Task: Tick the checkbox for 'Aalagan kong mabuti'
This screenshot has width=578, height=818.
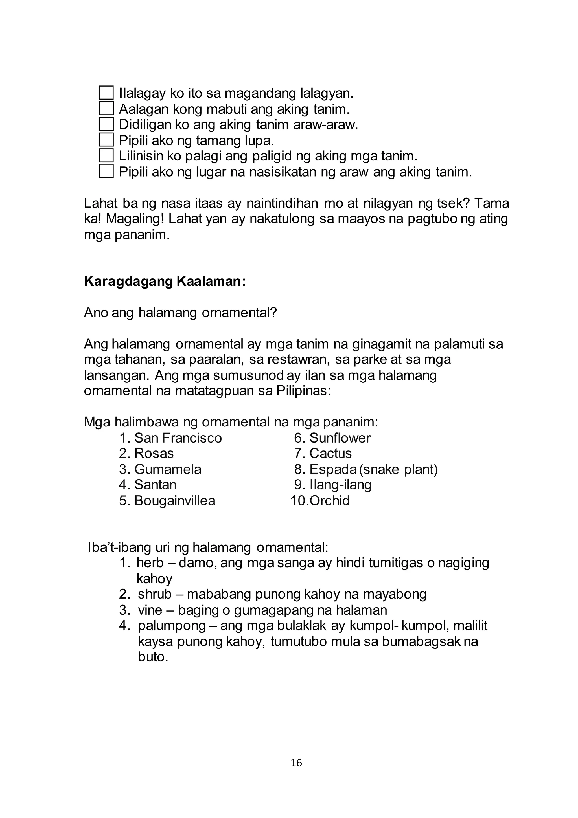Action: click(x=106, y=108)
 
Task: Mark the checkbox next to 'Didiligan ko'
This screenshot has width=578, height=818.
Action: click(x=106, y=124)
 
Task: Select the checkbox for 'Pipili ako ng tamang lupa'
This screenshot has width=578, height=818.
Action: click(x=106, y=140)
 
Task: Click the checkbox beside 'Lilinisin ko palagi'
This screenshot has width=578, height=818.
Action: click(x=106, y=155)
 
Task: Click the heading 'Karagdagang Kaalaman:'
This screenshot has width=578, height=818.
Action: click(x=165, y=282)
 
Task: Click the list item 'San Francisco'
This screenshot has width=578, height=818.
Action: click(x=178, y=438)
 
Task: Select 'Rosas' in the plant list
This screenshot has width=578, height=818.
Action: click(x=154, y=454)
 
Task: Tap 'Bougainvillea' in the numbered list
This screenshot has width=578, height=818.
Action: click(x=175, y=501)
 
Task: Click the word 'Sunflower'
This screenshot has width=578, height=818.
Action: click(x=340, y=438)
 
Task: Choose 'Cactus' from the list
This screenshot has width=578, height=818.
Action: click(x=330, y=454)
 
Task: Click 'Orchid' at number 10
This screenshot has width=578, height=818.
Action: click(x=329, y=501)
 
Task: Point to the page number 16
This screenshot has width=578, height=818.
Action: click(x=296, y=763)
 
